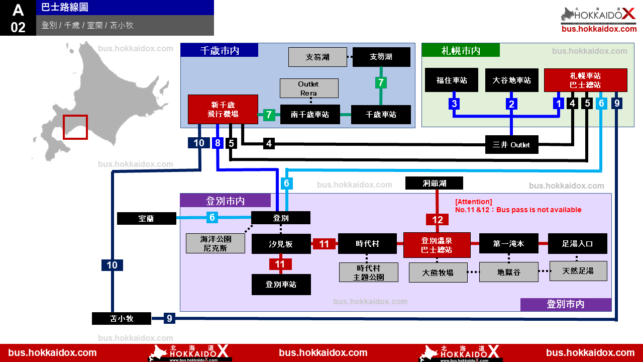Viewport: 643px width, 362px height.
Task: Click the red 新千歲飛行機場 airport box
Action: (x=223, y=109)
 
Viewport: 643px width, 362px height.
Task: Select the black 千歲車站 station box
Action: (x=381, y=114)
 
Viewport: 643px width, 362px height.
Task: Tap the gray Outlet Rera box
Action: (x=309, y=88)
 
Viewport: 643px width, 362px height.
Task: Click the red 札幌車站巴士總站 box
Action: (x=586, y=80)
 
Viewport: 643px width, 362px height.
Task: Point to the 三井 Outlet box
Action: (x=511, y=144)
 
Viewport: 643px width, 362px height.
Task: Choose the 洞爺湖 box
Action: (x=434, y=183)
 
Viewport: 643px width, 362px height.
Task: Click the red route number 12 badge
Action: (x=437, y=220)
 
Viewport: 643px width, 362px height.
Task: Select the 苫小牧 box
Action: (x=122, y=318)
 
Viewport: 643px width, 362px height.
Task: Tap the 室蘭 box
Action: (x=146, y=218)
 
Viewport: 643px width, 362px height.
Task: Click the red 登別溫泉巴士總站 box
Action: (x=437, y=245)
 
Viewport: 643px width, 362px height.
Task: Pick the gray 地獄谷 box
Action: (x=509, y=272)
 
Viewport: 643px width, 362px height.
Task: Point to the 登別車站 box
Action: (x=281, y=285)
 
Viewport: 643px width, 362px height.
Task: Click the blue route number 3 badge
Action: (x=454, y=104)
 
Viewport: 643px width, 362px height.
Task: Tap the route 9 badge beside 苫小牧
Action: (x=169, y=318)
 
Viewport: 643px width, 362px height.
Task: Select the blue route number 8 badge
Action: (x=218, y=143)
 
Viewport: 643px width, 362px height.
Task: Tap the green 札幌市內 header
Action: (x=461, y=50)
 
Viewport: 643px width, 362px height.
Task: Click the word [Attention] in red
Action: (x=474, y=202)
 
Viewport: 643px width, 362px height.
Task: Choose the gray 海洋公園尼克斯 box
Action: (x=216, y=243)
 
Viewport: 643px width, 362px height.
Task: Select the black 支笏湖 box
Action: (x=381, y=57)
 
